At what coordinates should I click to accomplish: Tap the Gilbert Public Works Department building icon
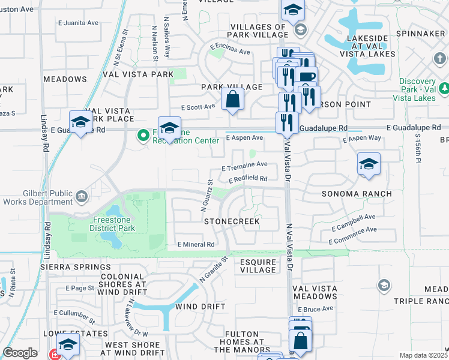[82, 196]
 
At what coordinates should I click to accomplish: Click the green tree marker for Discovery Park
[444, 89]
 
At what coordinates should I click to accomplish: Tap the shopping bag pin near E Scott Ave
[233, 99]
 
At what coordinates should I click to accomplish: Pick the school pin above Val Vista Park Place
[80, 122]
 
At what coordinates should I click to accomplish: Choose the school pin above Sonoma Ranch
[368, 164]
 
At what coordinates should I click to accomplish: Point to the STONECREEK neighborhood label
[232, 221]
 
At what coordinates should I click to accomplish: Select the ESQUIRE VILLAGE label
[258, 266]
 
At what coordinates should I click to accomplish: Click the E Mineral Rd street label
[196, 244]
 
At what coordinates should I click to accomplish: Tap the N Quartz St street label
[206, 196]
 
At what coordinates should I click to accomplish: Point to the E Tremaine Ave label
[244, 164]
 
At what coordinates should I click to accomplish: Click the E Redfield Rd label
[247, 179]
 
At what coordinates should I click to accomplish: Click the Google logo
[20, 353]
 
